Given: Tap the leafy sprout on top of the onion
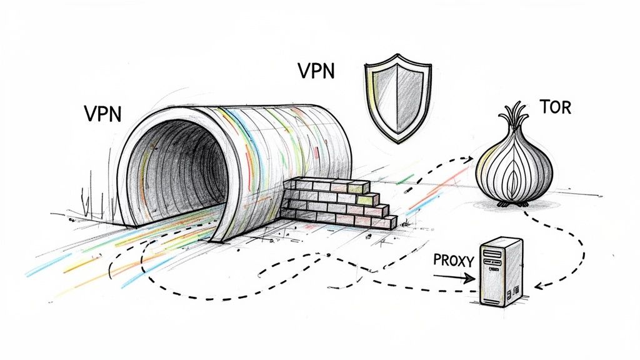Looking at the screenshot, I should point(514,119).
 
